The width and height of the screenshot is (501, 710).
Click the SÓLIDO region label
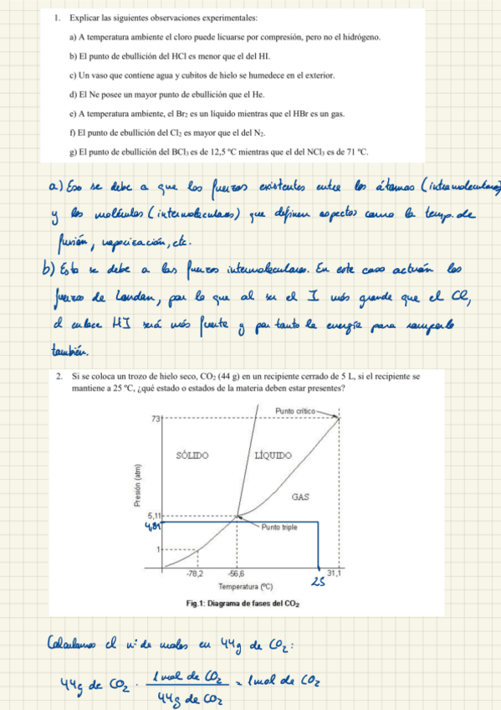[193, 455]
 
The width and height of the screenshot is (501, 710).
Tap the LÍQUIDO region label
[273, 455]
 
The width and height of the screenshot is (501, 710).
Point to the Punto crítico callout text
[297, 410]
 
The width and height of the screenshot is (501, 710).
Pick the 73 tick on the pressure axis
[156, 418]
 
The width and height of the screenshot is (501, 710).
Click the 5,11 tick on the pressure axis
[156, 516]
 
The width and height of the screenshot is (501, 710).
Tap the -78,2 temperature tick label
[197, 574]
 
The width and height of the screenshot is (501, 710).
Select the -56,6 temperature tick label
[237, 574]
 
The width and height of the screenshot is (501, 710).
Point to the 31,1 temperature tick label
[333, 574]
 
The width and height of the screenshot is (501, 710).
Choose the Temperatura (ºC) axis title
[245, 587]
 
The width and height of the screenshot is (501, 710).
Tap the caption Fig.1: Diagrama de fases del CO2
[244, 604]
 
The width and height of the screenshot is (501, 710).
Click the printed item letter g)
[73, 152]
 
